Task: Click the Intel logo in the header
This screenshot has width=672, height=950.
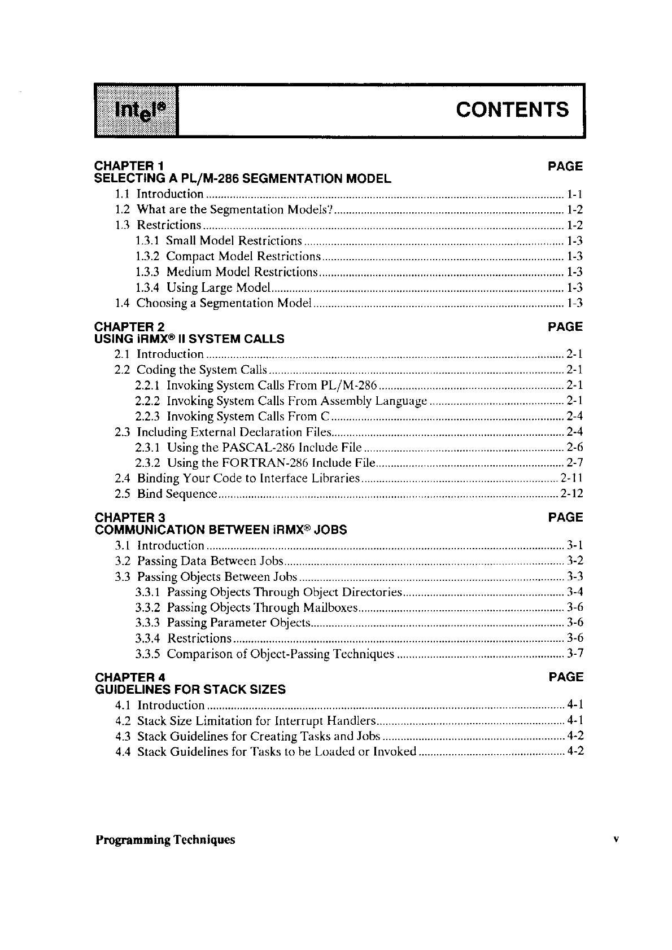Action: pos(136,111)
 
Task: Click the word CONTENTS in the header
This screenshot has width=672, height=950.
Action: pos(512,109)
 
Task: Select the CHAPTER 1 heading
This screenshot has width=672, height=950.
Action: pos(129,167)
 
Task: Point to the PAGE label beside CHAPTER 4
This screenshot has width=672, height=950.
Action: pos(565,677)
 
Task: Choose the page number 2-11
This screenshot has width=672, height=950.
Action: pos(571,479)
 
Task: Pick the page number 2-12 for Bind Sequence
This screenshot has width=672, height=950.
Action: pos(571,494)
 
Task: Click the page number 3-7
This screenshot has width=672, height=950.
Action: pos(574,654)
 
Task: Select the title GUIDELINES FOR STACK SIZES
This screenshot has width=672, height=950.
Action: pos(190,690)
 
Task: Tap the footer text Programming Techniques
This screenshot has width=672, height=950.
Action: pos(165,840)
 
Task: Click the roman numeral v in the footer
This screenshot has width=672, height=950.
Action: pos(617,839)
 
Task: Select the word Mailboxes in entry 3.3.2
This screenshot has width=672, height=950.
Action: pos(330,608)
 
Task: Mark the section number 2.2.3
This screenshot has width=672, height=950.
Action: pos(147,417)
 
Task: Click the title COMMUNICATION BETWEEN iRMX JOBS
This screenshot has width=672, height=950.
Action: pos(221,530)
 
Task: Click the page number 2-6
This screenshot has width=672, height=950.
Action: pos(574,448)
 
